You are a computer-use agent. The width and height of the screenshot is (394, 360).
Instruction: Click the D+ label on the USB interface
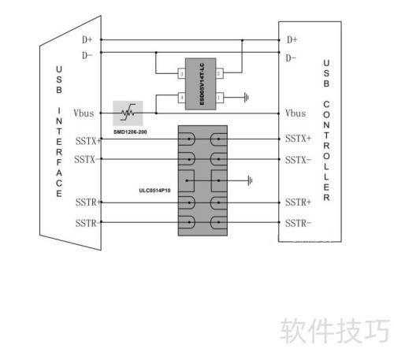point(87,39)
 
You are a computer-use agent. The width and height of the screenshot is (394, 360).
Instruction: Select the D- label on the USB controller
point(291,58)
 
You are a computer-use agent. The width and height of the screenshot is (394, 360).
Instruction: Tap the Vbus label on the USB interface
point(84,113)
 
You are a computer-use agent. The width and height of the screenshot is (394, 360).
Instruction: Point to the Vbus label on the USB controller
point(295,113)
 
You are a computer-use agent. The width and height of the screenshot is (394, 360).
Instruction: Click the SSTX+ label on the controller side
point(298,139)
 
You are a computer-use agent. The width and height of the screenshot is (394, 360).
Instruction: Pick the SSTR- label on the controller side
point(298,224)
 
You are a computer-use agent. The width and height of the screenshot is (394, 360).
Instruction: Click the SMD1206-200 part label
point(130,132)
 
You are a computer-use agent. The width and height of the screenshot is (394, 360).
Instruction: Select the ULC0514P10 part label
point(154,191)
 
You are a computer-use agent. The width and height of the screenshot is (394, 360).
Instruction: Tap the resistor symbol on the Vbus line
point(128,113)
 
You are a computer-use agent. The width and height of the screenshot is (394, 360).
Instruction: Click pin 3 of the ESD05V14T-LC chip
point(181,73)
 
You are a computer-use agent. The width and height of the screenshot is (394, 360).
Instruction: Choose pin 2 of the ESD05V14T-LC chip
point(219,73)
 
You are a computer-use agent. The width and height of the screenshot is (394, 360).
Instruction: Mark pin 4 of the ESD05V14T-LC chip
point(181,98)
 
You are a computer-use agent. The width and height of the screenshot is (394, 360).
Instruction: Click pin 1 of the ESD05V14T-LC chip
point(219,98)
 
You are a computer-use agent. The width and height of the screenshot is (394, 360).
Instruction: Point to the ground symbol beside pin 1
point(247,98)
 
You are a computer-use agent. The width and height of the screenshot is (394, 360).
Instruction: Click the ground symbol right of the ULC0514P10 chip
point(250,180)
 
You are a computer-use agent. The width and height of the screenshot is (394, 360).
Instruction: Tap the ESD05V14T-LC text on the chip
point(202,84)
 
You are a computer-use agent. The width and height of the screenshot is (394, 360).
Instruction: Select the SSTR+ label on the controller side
point(298,202)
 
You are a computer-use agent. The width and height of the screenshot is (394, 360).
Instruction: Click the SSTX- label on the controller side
point(298,160)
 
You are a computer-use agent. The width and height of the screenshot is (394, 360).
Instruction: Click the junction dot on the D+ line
point(242,40)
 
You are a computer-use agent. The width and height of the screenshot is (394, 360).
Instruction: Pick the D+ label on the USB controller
point(292,39)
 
